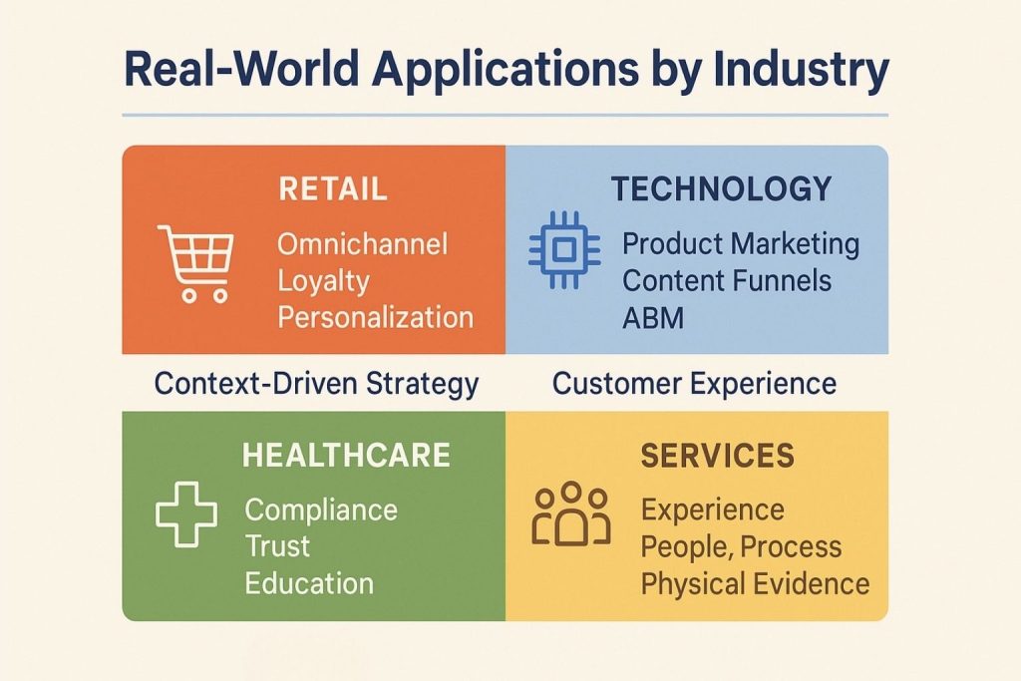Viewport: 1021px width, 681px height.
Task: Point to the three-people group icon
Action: pos(570,514)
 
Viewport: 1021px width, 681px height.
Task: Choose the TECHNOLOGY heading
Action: pos(721,188)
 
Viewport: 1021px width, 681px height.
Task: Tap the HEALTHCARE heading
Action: pos(346,456)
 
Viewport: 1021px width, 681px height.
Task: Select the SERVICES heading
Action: pos(717,456)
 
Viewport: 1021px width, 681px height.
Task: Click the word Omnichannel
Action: pos(363,244)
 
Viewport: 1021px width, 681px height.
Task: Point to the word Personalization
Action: pos(376,318)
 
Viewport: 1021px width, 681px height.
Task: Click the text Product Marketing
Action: pos(740,243)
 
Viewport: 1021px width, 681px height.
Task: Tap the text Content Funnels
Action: pos(727,280)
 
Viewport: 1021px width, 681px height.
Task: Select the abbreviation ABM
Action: pos(654,317)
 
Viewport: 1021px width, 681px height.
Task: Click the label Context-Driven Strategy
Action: pos(317,383)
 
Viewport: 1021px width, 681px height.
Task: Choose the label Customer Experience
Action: pos(695,383)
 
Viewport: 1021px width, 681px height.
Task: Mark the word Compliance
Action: pos(321,510)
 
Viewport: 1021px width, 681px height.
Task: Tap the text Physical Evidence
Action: pos(755,583)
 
